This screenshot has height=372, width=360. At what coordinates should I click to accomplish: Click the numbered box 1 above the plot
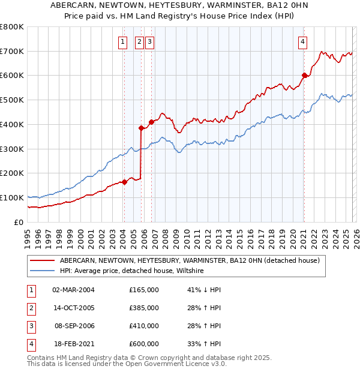122,41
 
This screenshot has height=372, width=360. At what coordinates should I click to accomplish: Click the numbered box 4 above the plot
302,41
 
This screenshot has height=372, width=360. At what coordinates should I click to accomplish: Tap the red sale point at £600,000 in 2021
304,76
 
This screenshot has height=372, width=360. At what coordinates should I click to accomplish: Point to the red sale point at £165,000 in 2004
124,182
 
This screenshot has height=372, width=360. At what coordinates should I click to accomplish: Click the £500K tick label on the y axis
11,100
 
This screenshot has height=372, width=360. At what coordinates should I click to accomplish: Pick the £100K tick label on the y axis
11,197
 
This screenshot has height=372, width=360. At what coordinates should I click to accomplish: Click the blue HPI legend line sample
42,271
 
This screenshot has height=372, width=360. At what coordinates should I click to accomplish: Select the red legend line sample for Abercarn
42,260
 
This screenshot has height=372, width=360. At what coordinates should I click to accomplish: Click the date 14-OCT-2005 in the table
73,308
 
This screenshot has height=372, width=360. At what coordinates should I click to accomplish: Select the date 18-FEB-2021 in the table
73,344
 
